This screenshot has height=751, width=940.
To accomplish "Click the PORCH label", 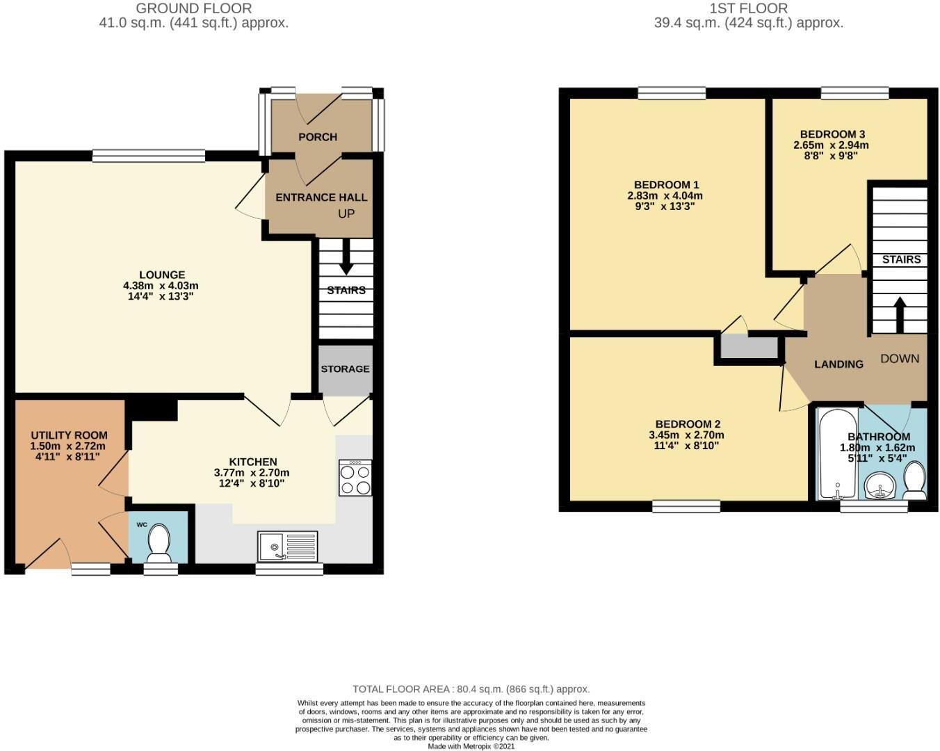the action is click(x=318, y=137).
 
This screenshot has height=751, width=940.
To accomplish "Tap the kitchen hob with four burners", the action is click(x=355, y=478).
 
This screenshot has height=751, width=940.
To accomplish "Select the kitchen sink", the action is click(x=287, y=546).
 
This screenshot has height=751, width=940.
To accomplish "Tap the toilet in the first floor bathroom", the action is click(x=914, y=481).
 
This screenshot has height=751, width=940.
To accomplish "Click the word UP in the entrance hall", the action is click(x=346, y=213).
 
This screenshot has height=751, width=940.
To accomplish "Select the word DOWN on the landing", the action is click(x=900, y=359).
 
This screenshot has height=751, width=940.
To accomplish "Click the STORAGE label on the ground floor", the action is click(x=345, y=369).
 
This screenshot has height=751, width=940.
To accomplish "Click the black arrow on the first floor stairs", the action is click(x=900, y=315).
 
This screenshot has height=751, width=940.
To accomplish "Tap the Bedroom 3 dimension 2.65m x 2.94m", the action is click(x=831, y=145).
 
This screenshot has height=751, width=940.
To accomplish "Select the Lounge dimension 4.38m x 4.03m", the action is click(x=161, y=286).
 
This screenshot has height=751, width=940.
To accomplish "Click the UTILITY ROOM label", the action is click(x=69, y=435).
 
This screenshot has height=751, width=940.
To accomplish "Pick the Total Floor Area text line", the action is click(x=471, y=689).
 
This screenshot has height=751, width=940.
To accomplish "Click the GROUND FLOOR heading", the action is click(x=194, y=8).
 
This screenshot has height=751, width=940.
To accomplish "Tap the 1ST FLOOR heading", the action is click(x=749, y=8).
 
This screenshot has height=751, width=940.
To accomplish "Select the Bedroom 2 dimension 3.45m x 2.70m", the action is click(x=687, y=435).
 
